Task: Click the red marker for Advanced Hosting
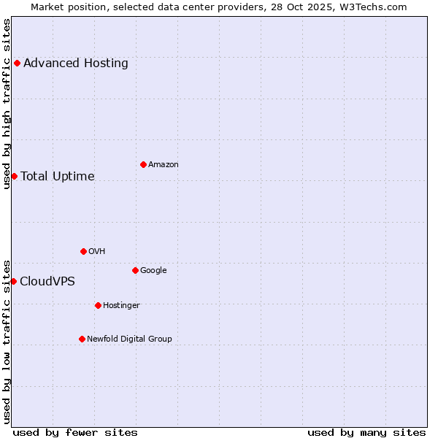coord(17,63)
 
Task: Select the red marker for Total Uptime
coord(14,176)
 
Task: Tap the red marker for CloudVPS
coord(13,281)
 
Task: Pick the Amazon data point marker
coord(143,164)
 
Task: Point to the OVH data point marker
coord(83,251)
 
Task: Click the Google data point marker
coord(135,270)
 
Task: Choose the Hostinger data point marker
coord(98,305)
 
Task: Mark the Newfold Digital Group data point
coord(82,339)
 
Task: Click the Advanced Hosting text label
coord(76,63)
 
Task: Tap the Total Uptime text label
coord(58,176)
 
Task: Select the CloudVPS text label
coord(47,281)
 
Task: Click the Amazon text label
coord(164,164)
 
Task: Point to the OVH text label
coord(97,251)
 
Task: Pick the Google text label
coord(153,270)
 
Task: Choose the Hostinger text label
coord(121,305)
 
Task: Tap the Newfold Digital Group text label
coord(129,339)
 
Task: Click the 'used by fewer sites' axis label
coord(75,432)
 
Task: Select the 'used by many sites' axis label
coord(366,432)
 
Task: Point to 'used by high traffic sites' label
coord(7,104)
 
